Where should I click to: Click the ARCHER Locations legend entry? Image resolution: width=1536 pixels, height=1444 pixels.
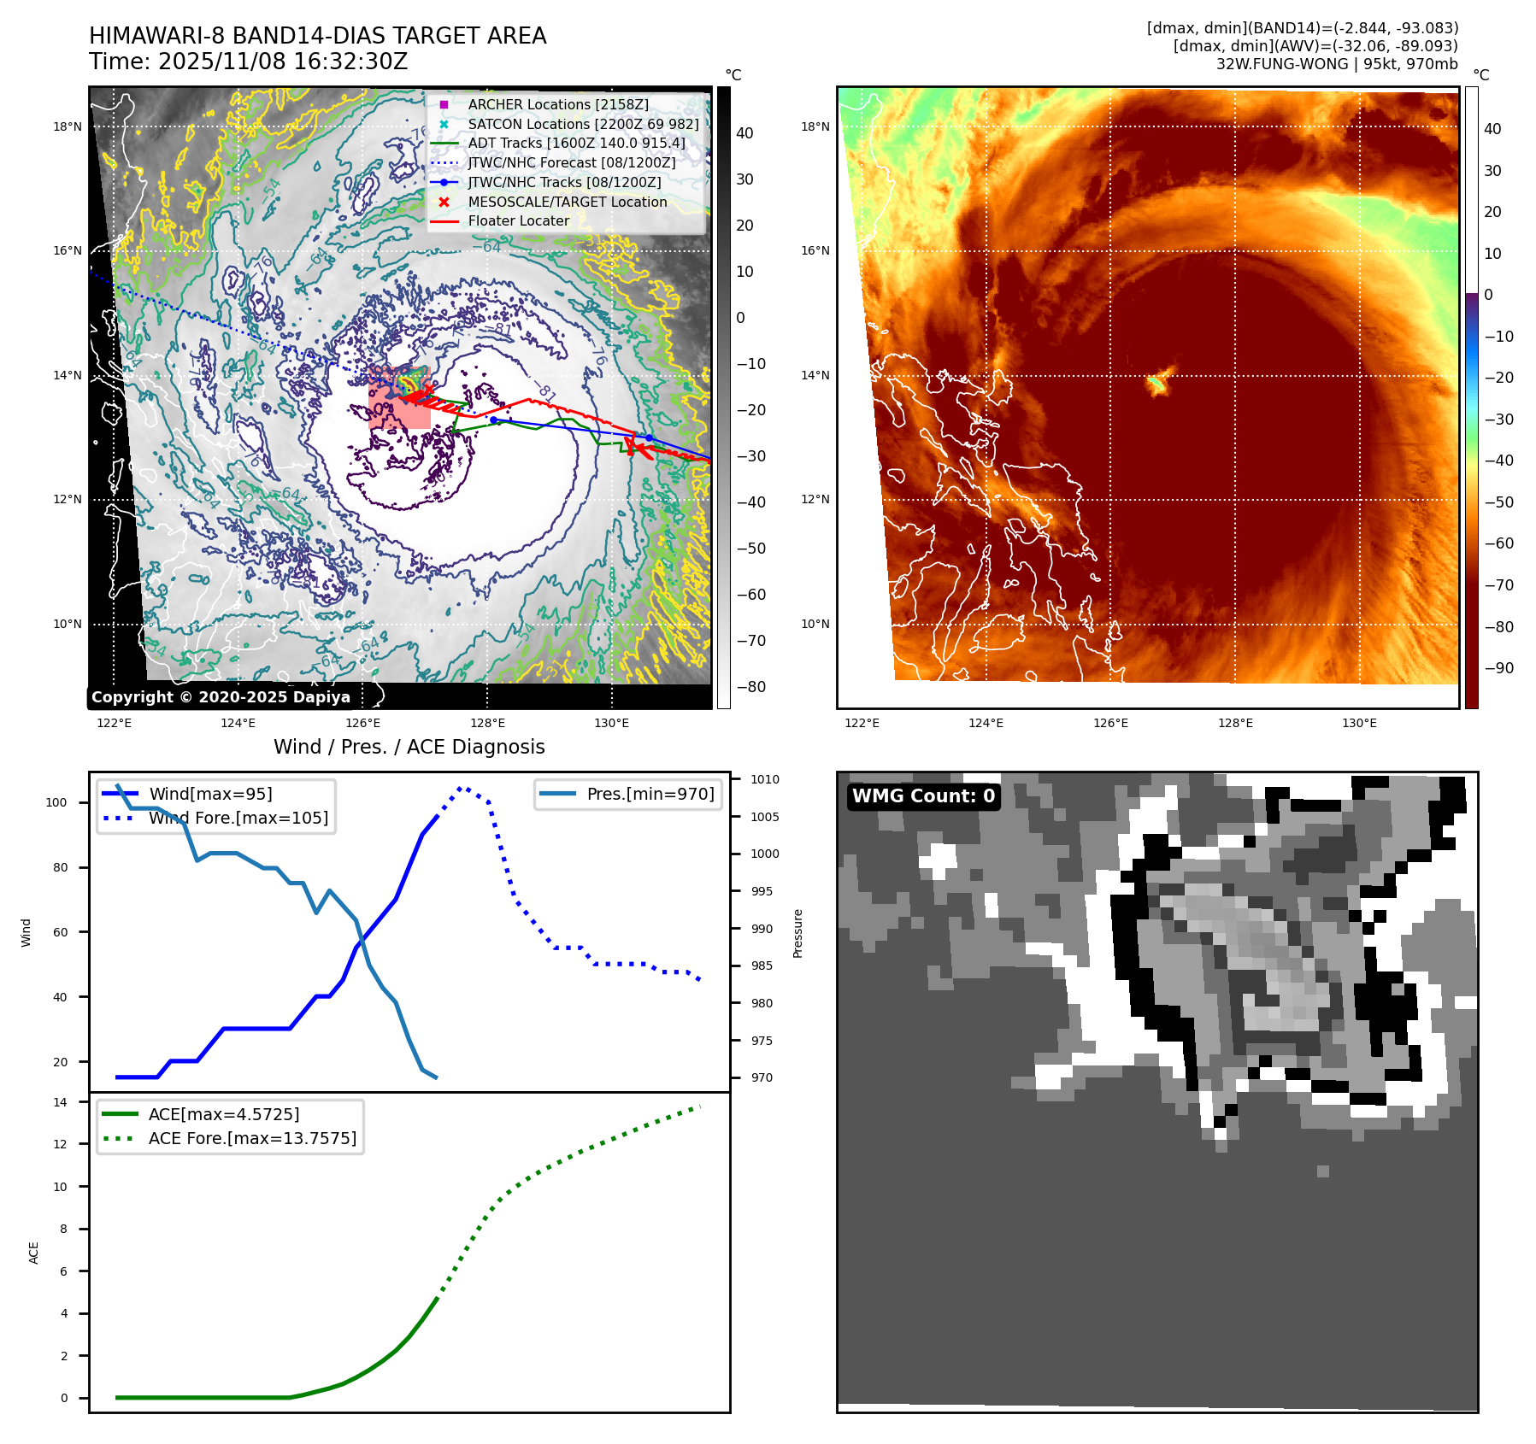[x=557, y=104]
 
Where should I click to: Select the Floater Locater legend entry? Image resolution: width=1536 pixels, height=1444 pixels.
[x=518, y=220]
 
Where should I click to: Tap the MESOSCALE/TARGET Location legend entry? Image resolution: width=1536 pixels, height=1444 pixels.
[x=567, y=202]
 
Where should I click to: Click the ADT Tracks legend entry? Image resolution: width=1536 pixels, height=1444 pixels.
[x=576, y=143]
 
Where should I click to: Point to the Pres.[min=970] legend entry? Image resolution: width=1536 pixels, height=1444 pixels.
[x=650, y=794]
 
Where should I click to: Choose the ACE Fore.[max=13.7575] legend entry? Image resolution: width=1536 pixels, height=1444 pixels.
[x=252, y=1138]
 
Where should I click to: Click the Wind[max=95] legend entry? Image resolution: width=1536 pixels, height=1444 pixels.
[x=210, y=794]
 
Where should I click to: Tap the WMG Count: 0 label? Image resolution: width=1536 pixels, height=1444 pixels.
[x=923, y=796]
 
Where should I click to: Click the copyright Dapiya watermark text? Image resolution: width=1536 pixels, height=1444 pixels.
[x=221, y=697]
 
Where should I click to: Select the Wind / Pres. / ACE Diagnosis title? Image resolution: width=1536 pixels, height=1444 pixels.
[x=409, y=747]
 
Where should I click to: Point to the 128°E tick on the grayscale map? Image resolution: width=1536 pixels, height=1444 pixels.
[x=487, y=724]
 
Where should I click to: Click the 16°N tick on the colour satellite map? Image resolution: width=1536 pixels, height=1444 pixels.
[x=815, y=251]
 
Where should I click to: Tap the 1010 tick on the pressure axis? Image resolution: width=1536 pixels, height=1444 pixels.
[x=765, y=779]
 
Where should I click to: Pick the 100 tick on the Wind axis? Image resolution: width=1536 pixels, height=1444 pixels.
[x=56, y=802]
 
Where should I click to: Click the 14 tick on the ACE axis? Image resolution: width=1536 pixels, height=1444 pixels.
[x=60, y=1102]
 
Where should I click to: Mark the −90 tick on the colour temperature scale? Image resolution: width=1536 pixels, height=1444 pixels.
[x=1498, y=668]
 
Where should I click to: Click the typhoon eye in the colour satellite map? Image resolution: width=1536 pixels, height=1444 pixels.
[x=1157, y=382]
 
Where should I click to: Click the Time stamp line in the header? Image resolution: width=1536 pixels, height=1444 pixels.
[x=248, y=62]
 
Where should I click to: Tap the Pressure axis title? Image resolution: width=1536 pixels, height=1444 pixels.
[x=797, y=933]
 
